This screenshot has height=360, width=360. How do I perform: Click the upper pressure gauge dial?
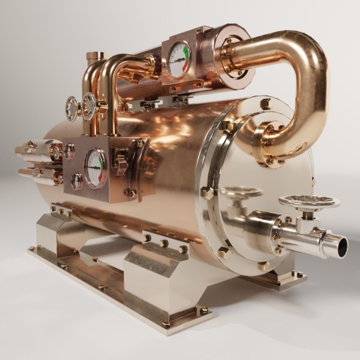coord(179,59)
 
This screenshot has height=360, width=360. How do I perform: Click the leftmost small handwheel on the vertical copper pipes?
coord(71,108)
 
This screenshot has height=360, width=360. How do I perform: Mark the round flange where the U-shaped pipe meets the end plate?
coord(272,144)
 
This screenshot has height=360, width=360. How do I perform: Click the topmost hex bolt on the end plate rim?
coord(266,104)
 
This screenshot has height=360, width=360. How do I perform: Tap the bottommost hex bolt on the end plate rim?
coord(263,265)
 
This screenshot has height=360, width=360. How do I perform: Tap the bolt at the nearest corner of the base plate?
coord(166,325)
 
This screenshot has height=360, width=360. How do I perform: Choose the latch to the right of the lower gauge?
coord(120,162)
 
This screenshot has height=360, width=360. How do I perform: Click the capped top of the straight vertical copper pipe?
coord(95,56)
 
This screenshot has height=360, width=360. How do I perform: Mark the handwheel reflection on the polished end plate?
coord(240,193)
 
